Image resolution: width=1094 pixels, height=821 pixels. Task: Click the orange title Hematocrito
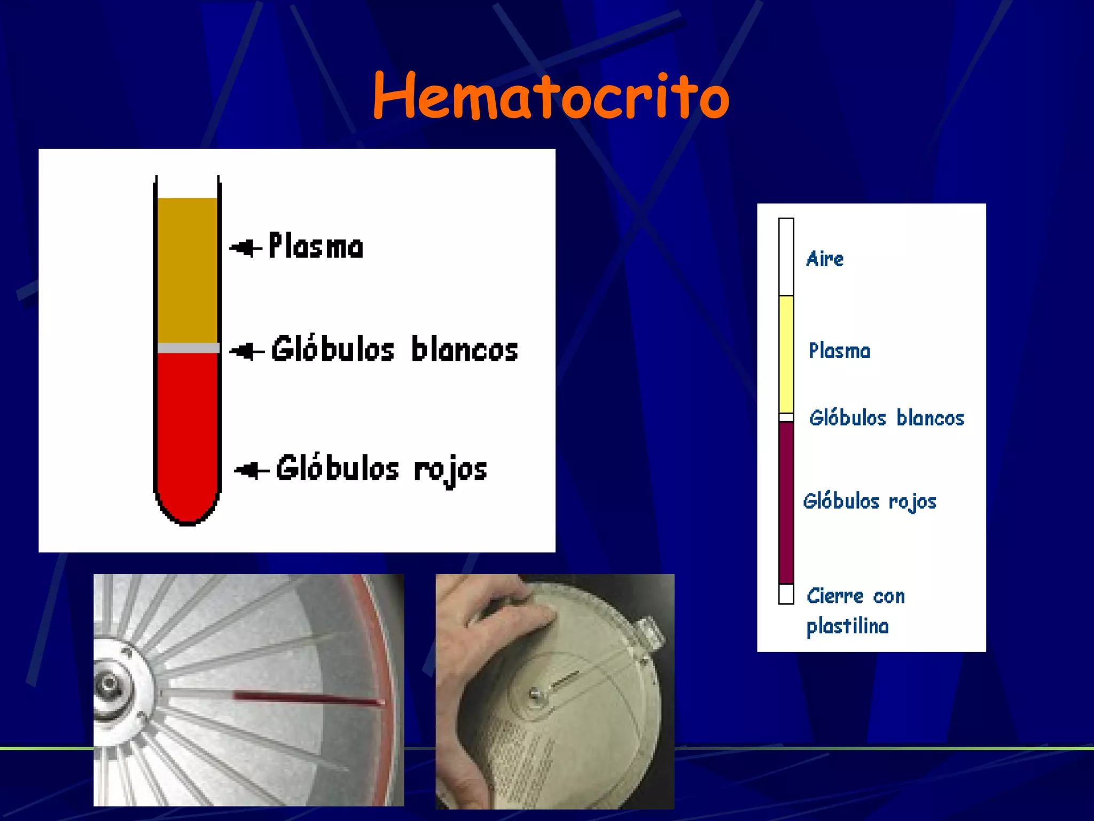(x=551, y=96)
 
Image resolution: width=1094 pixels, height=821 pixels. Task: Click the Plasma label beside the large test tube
(x=316, y=246)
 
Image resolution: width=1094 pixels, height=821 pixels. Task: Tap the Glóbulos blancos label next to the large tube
(x=394, y=350)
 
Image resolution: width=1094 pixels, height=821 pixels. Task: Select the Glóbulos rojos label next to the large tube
(x=381, y=469)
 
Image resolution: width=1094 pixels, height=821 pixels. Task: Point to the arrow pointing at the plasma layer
(x=245, y=248)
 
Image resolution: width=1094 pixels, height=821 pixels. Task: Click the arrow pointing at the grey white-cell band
(x=246, y=351)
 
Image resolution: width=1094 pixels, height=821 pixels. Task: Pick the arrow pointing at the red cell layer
(x=251, y=470)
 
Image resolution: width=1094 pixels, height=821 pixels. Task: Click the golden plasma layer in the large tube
(x=187, y=270)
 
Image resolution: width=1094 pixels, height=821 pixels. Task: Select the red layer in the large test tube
(x=187, y=428)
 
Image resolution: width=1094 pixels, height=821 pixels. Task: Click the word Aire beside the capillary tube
(x=825, y=259)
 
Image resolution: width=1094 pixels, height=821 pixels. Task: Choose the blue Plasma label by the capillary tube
(x=839, y=351)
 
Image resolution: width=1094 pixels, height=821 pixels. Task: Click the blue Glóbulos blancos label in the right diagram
(x=886, y=418)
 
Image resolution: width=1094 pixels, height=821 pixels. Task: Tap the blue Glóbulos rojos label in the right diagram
(x=870, y=502)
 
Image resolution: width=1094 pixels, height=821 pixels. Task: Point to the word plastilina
(x=847, y=626)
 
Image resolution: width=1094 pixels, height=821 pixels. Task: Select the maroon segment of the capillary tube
(x=786, y=502)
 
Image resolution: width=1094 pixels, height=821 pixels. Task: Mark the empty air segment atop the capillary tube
(x=786, y=257)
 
